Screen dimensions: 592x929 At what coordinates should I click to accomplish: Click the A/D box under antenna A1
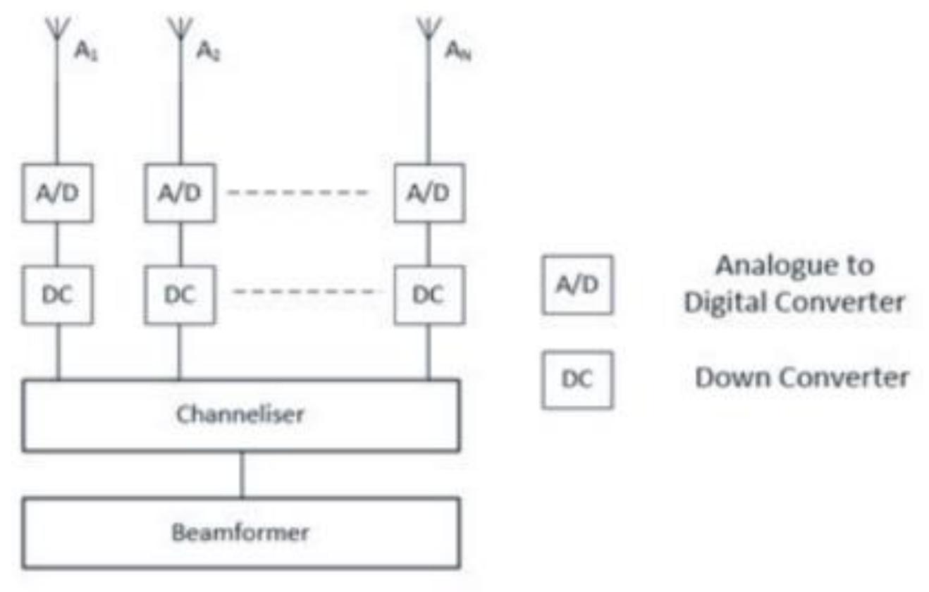pyautogui.click(x=57, y=193)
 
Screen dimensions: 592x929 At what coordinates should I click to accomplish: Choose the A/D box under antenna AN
pyautogui.click(x=428, y=193)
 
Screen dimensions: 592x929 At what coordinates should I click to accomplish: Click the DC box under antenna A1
pyautogui.click(x=57, y=295)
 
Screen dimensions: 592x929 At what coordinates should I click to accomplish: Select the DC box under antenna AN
pyautogui.click(x=428, y=295)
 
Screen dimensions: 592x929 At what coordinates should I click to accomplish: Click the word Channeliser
pyautogui.click(x=240, y=414)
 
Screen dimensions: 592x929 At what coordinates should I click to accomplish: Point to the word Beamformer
pyautogui.click(x=240, y=532)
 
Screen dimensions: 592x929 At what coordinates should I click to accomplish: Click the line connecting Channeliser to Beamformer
pyautogui.click(x=242, y=474)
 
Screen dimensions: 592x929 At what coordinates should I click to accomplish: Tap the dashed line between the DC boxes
pyautogui.click(x=307, y=290)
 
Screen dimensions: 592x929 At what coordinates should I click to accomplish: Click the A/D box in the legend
pyautogui.click(x=577, y=284)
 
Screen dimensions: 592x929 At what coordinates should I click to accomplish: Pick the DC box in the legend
pyautogui.click(x=577, y=379)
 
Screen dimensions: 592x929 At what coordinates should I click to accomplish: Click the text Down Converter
pyautogui.click(x=801, y=378)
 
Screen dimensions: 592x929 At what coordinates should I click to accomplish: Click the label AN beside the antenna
pyautogui.click(x=459, y=52)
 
